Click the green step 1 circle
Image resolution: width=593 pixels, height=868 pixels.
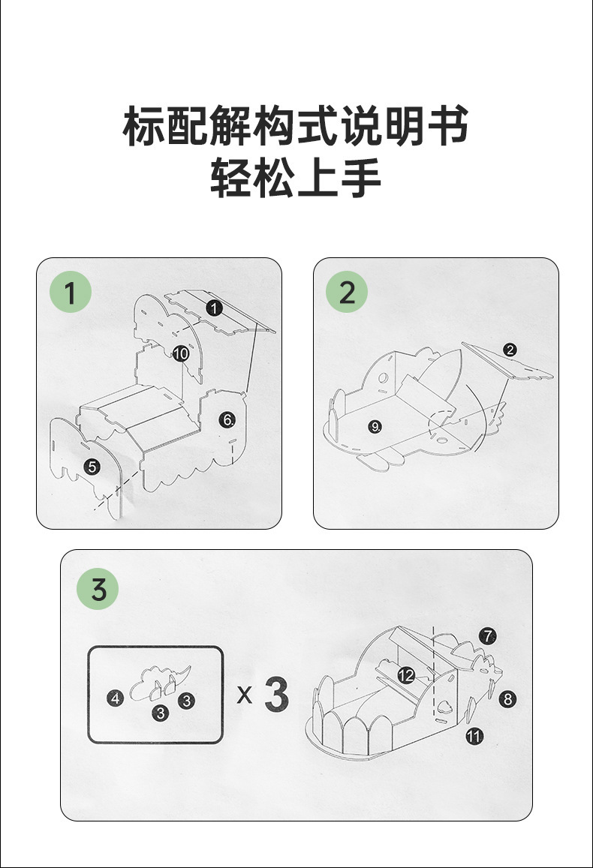(71, 293)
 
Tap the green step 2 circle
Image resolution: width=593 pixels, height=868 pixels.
(348, 293)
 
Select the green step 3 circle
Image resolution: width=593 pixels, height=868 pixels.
(99, 589)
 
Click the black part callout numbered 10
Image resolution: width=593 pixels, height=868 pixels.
(180, 353)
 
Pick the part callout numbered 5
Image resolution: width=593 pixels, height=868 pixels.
(92, 467)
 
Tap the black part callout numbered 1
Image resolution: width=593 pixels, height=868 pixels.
(214, 307)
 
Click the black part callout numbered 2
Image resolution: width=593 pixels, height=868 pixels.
(510, 349)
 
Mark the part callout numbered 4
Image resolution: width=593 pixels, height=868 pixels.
(114, 698)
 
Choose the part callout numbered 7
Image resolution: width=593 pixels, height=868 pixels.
(487, 636)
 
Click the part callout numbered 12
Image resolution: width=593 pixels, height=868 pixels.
(406, 675)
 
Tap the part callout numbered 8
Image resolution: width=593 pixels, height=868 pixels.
(508, 699)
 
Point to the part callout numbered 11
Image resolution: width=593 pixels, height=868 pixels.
(474, 736)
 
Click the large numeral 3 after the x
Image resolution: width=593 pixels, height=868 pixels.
(276, 695)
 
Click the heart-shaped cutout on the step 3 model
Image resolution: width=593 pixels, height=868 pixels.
(445, 705)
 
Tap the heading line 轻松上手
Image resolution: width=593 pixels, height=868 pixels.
(296, 178)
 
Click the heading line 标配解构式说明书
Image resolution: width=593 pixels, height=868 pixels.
(296, 125)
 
